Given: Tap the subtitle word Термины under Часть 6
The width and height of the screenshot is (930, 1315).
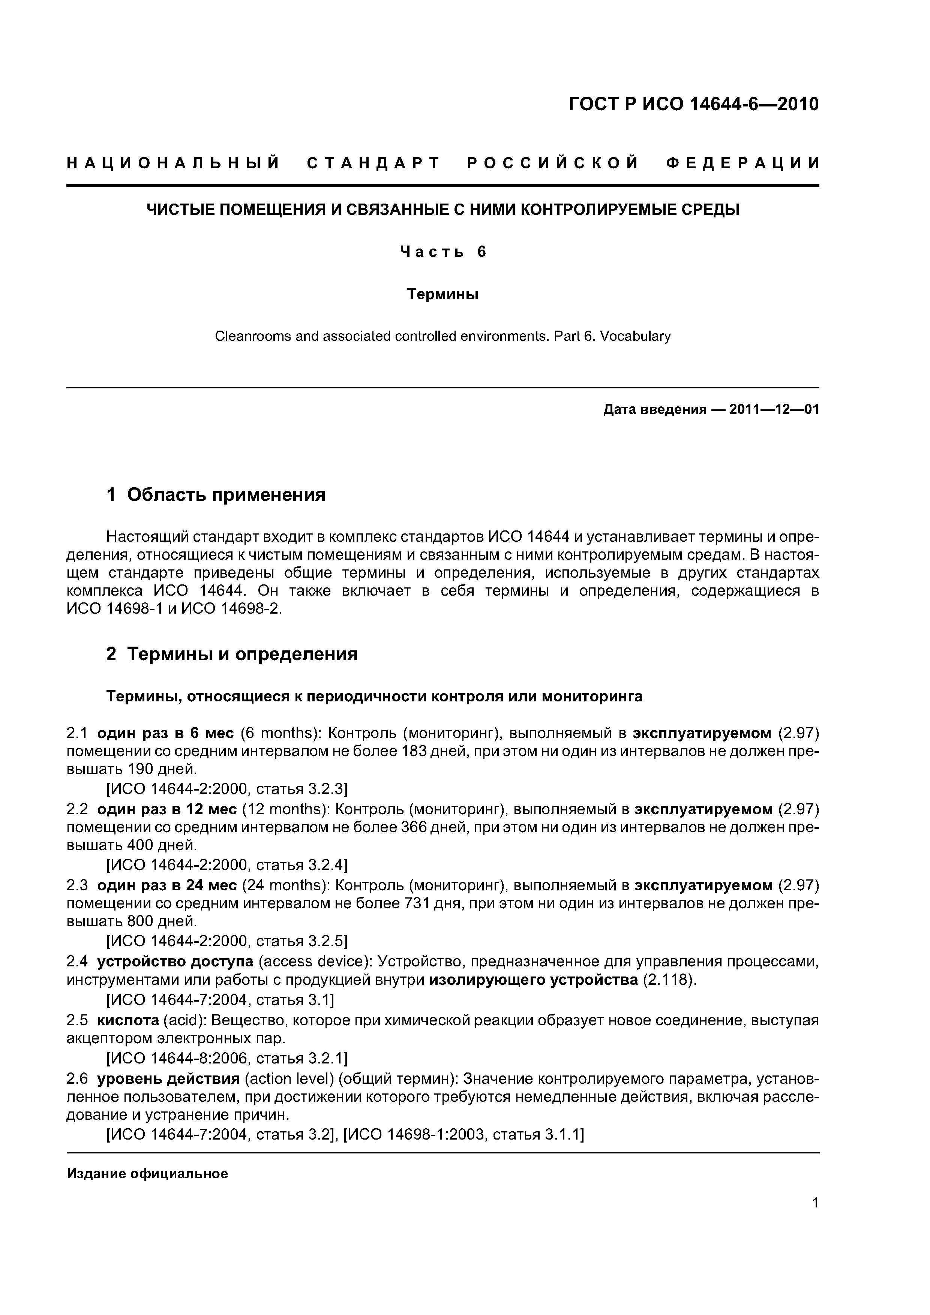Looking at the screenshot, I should [442, 294].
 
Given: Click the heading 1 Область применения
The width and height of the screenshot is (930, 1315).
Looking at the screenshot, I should [216, 494].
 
